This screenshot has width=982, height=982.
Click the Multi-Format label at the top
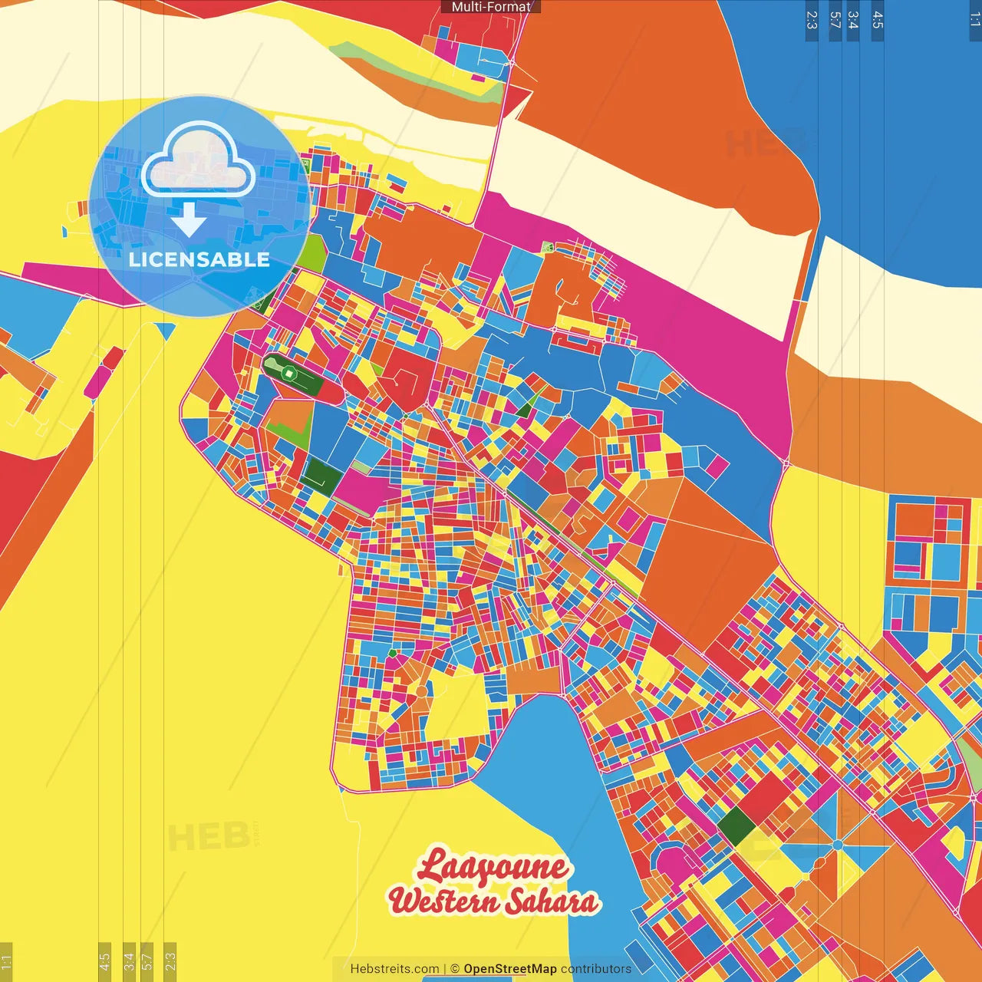[x=491, y=7]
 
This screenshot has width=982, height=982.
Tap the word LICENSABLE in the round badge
[x=199, y=259]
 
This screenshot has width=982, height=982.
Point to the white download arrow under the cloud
[x=189, y=220]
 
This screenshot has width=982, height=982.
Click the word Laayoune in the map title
[x=493, y=867]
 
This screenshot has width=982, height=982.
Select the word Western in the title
[x=443, y=901]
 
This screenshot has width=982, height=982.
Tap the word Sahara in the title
[x=552, y=902]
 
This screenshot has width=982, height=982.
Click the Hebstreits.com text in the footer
[x=394, y=969]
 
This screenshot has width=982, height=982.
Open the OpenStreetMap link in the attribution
[x=509, y=969]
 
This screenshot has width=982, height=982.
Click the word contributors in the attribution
[x=596, y=969]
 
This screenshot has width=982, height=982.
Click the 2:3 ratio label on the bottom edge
[x=170, y=961]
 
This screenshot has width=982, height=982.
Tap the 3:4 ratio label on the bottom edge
[x=129, y=961]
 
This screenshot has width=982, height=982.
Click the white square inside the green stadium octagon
[x=288, y=374]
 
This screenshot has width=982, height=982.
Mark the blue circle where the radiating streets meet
[x=837, y=845]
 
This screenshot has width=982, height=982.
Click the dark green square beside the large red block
[x=736, y=826]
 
